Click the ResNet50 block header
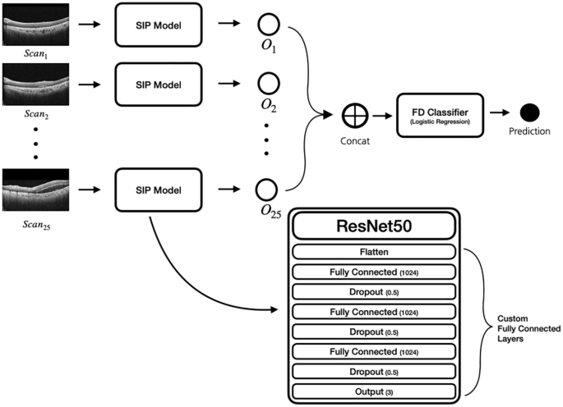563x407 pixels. click(374, 226)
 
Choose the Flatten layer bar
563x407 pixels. click(374, 253)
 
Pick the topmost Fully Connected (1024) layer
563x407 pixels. click(374, 272)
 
